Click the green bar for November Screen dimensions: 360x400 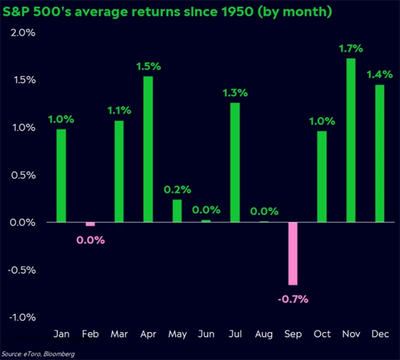351,140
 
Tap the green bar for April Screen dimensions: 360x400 148,149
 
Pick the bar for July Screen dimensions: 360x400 234,162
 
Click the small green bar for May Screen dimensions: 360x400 177,211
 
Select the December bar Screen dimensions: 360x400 379,153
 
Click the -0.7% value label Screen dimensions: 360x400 292,298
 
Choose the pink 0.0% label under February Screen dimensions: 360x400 91,239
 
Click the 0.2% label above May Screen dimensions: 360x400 177,189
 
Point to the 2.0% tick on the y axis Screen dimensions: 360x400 22,32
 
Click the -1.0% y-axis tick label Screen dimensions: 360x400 21,317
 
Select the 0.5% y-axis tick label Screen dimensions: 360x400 22,175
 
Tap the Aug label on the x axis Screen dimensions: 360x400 264,334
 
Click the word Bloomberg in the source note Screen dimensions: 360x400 57,354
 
